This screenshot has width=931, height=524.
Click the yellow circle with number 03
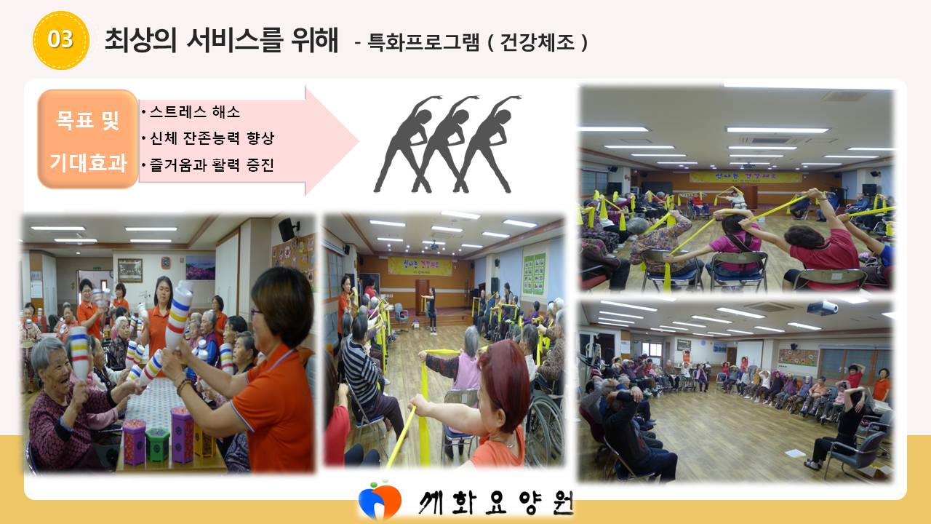coord(60,40)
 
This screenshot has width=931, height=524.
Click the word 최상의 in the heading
coord(140,40)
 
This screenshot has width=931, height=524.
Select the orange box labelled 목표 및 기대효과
coord(88,139)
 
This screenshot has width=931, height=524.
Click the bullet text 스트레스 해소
coord(194,112)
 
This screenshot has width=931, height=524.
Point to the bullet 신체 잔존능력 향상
coord(212,138)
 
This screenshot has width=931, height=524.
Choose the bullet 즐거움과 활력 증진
coord(212,164)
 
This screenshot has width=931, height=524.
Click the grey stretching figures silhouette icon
coord(447,144)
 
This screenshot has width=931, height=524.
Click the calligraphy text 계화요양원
coord(496,502)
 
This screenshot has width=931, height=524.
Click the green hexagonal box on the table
coord(158,445)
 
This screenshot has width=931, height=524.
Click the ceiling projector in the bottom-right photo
coord(822,308)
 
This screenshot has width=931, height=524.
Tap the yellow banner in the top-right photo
coord(746,178)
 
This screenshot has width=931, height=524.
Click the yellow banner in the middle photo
coord(420,266)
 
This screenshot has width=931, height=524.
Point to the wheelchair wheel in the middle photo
coord(544,429)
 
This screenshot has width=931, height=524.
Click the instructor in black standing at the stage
coord(432,311)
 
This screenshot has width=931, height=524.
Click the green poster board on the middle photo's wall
coord(535,274)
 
